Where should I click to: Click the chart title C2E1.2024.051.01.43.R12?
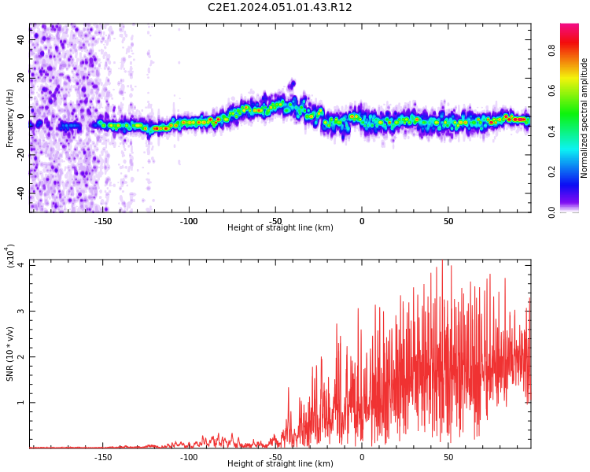[x=279, y=7]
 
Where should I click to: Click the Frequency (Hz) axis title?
[x=9, y=118]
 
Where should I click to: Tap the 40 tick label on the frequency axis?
[x=20, y=40]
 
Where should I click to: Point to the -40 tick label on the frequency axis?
[x=20, y=194]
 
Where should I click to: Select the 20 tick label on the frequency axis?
[x=20, y=78]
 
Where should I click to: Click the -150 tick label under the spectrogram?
[x=102, y=221]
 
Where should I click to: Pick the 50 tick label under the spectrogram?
[x=448, y=221]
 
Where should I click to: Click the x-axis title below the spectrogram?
[x=280, y=227]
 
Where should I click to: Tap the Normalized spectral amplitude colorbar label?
[x=584, y=118]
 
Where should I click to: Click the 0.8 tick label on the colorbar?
[x=551, y=50]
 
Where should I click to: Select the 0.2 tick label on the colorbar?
[x=551, y=171]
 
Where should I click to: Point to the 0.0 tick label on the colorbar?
[x=551, y=212]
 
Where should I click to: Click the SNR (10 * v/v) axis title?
[x=9, y=354]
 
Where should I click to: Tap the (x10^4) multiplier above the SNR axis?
[x=9, y=256]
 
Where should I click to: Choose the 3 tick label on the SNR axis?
[x=20, y=312]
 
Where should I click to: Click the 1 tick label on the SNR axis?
[x=20, y=402]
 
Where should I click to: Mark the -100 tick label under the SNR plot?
[x=189, y=457]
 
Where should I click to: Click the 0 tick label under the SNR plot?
[x=362, y=457]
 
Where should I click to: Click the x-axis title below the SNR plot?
[x=280, y=463]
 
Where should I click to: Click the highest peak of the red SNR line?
[x=442, y=260]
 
